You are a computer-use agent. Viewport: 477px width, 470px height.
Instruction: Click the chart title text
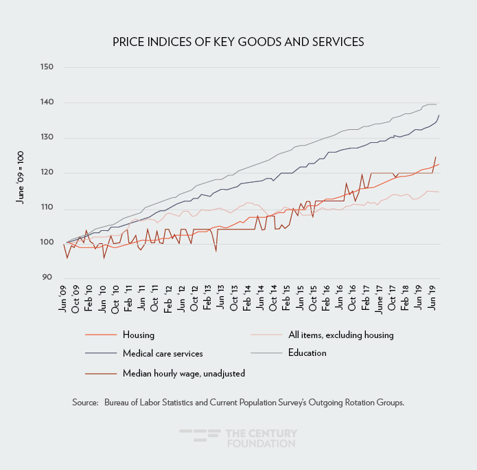238,42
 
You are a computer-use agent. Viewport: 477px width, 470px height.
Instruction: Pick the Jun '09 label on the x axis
64,301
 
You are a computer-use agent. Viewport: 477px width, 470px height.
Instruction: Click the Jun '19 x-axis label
432,301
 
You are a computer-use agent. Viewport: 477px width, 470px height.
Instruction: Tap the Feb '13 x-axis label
208,301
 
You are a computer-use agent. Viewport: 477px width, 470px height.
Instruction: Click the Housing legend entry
139,335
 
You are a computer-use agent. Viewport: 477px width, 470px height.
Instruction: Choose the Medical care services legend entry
163,353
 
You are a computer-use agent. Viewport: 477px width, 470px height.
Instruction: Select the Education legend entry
307,353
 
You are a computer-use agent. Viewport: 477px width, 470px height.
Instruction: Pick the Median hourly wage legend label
183,373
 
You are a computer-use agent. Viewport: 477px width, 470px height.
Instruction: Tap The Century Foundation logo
238,438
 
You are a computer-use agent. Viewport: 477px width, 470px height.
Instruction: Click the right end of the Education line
437,104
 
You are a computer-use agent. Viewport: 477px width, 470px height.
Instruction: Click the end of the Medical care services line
439,115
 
